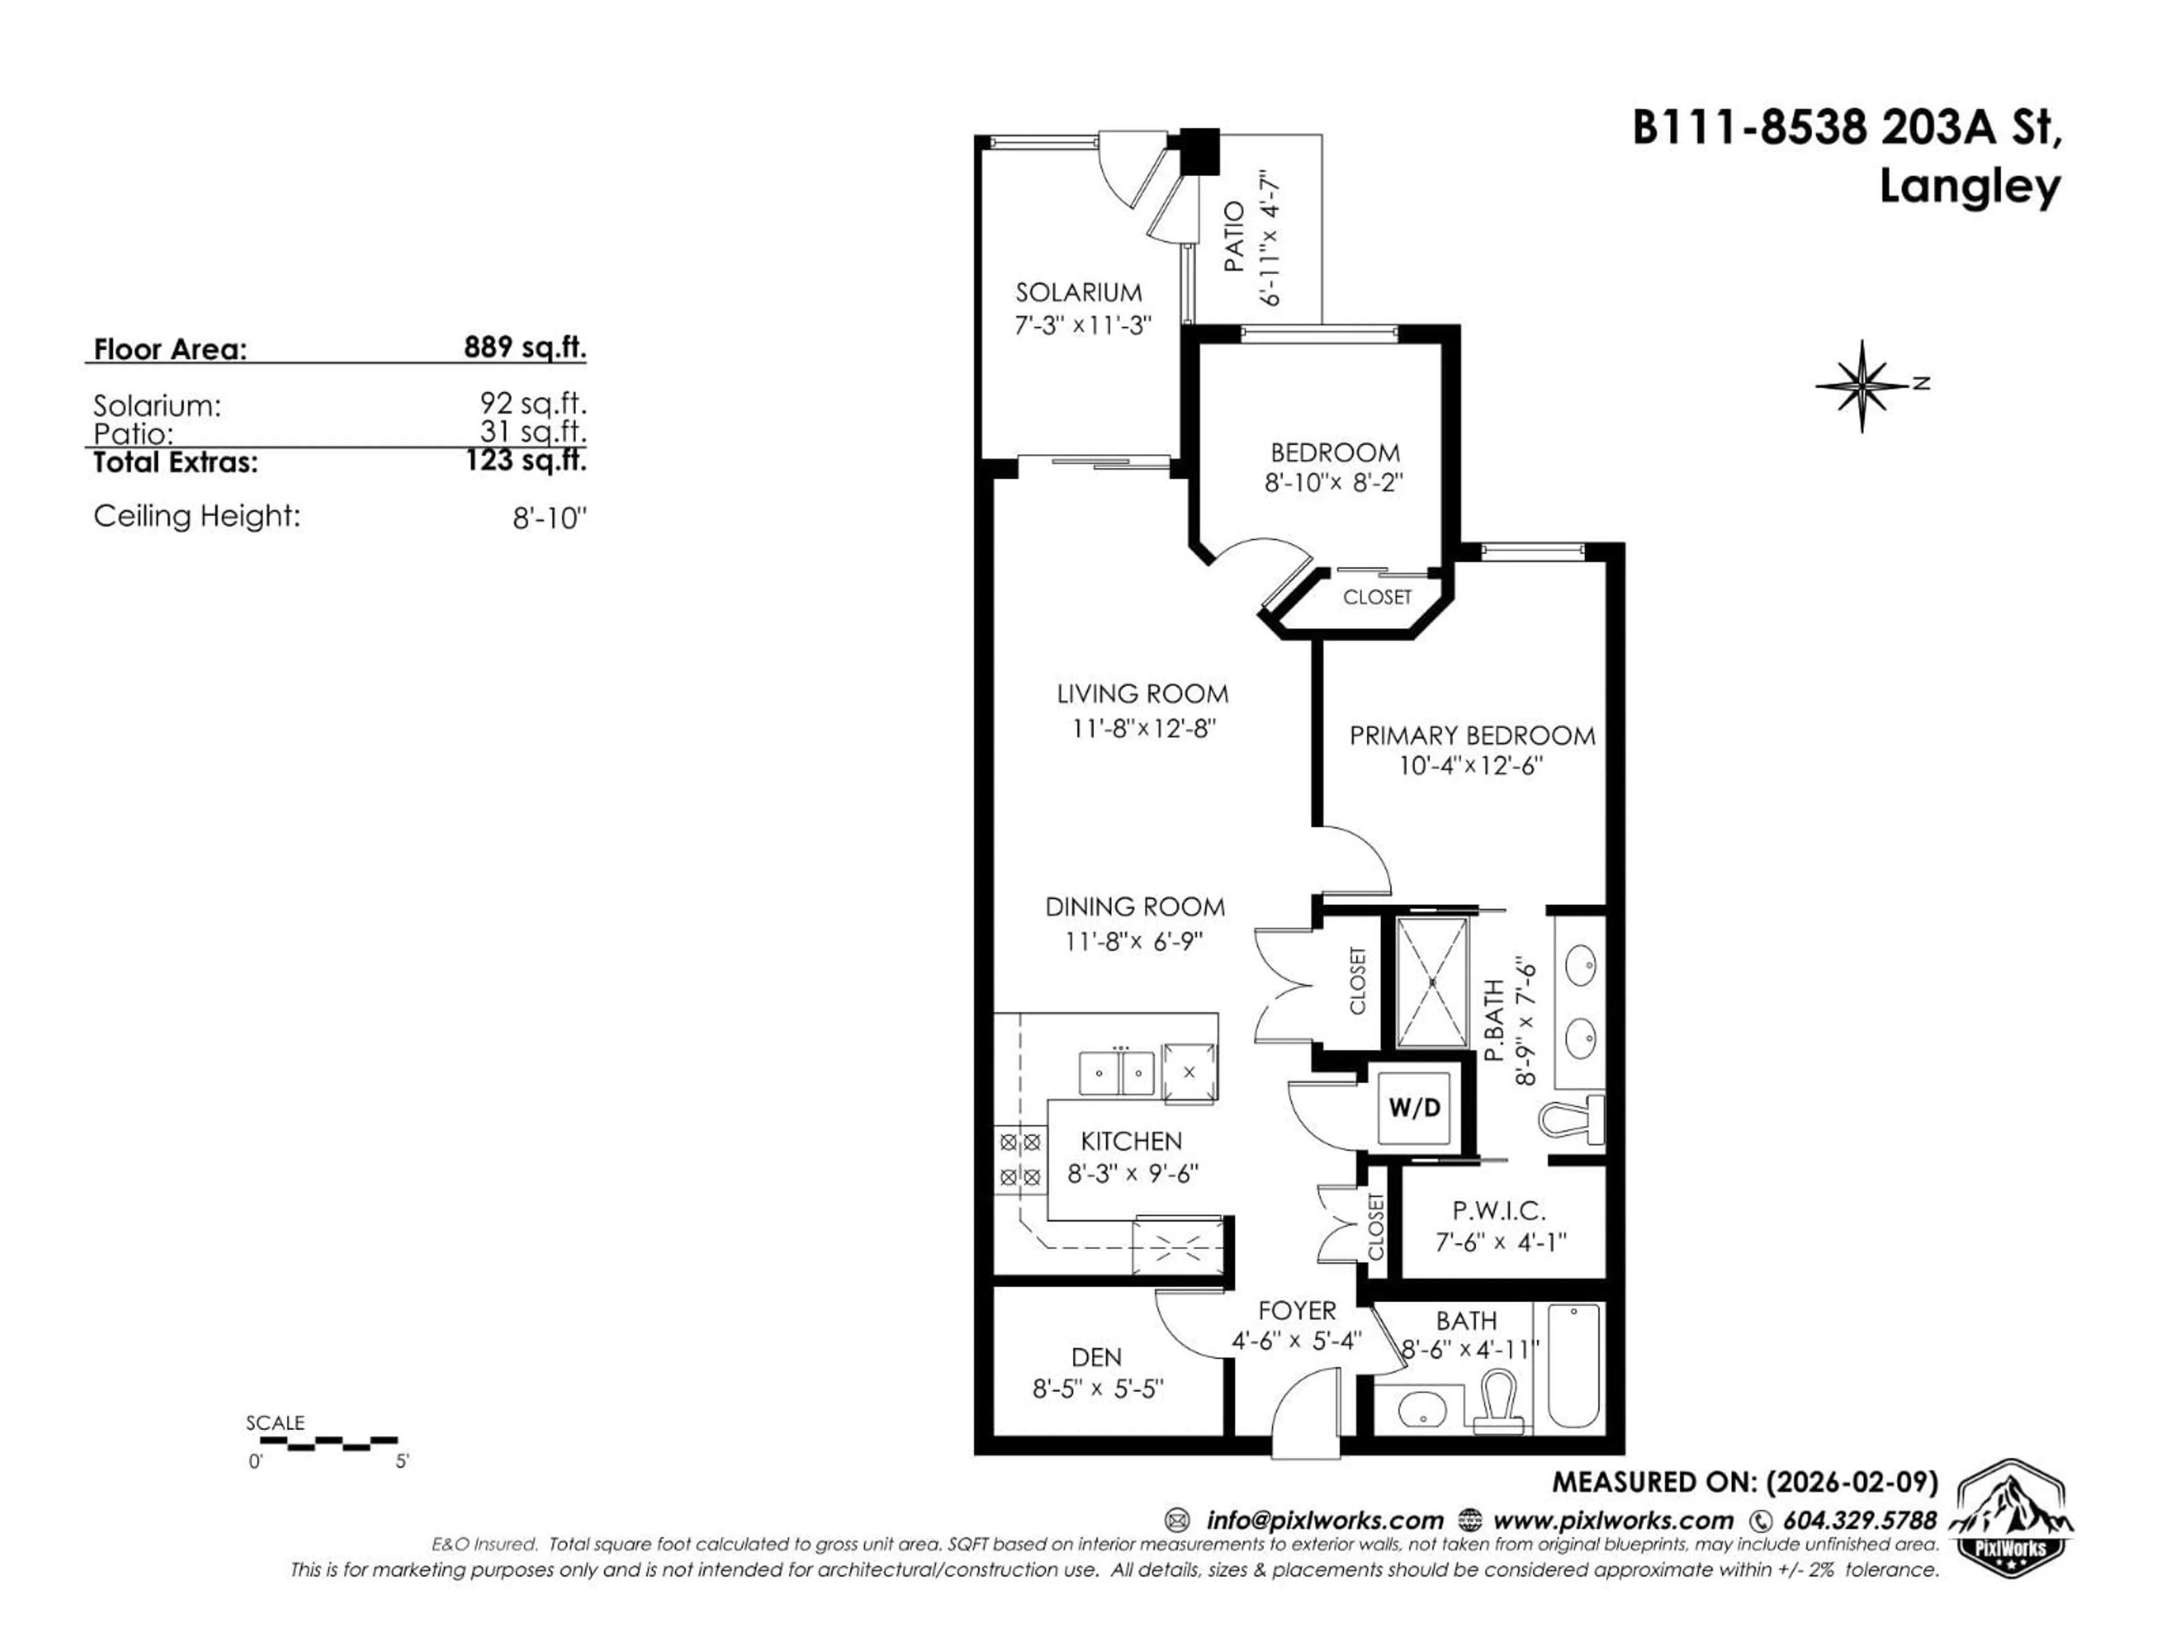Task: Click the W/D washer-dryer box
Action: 1414,1108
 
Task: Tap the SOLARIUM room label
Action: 1078,292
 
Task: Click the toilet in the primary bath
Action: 1572,1120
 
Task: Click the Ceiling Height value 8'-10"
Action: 548,518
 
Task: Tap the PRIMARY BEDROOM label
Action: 1472,736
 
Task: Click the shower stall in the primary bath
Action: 1433,982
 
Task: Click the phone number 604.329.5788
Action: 1859,1520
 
